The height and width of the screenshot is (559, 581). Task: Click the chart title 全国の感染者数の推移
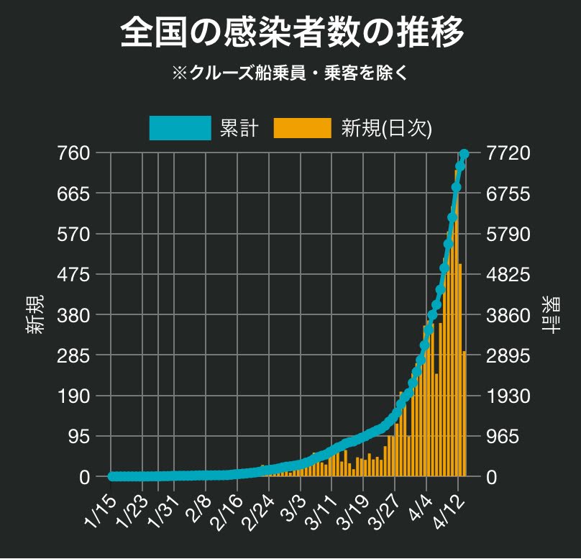290,32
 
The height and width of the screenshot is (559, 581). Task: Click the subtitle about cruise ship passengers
290,73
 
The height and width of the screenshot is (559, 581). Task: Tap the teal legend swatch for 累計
180,127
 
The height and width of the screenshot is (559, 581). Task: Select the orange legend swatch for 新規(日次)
302,127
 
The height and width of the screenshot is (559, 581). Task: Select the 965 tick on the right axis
504,437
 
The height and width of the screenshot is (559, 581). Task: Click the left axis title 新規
38,314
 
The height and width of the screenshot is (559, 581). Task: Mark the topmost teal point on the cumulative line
464,154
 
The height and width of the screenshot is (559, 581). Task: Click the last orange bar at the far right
465,414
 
